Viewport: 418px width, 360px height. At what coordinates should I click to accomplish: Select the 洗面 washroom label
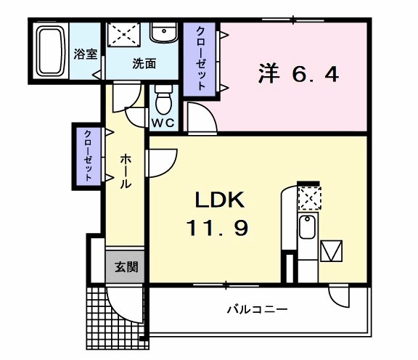click(144, 63)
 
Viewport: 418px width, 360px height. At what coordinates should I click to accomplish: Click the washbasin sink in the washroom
click(163, 32)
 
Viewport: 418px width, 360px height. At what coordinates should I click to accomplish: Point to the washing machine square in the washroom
click(125, 33)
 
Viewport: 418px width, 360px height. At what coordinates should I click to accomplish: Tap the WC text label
click(163, 122)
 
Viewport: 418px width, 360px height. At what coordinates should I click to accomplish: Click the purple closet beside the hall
click(89, 154)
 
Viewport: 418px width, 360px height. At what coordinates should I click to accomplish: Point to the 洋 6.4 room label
click(298, 74)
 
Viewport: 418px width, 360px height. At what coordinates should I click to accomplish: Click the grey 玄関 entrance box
click(125, 266)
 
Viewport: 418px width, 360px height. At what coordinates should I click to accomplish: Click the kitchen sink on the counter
click(307, 229)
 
